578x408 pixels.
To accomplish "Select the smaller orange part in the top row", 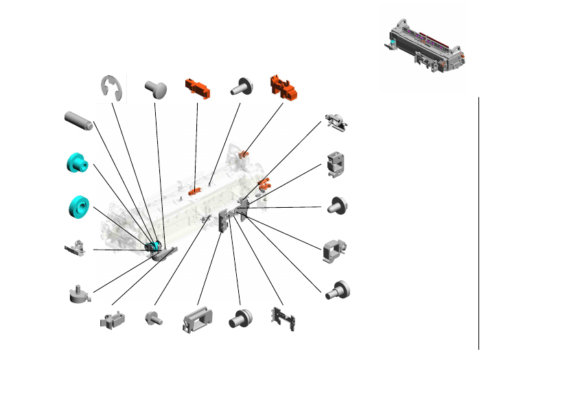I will coord(197,88).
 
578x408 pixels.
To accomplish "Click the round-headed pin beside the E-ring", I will coord(157,89).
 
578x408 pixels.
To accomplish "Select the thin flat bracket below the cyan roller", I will coord(76,248).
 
